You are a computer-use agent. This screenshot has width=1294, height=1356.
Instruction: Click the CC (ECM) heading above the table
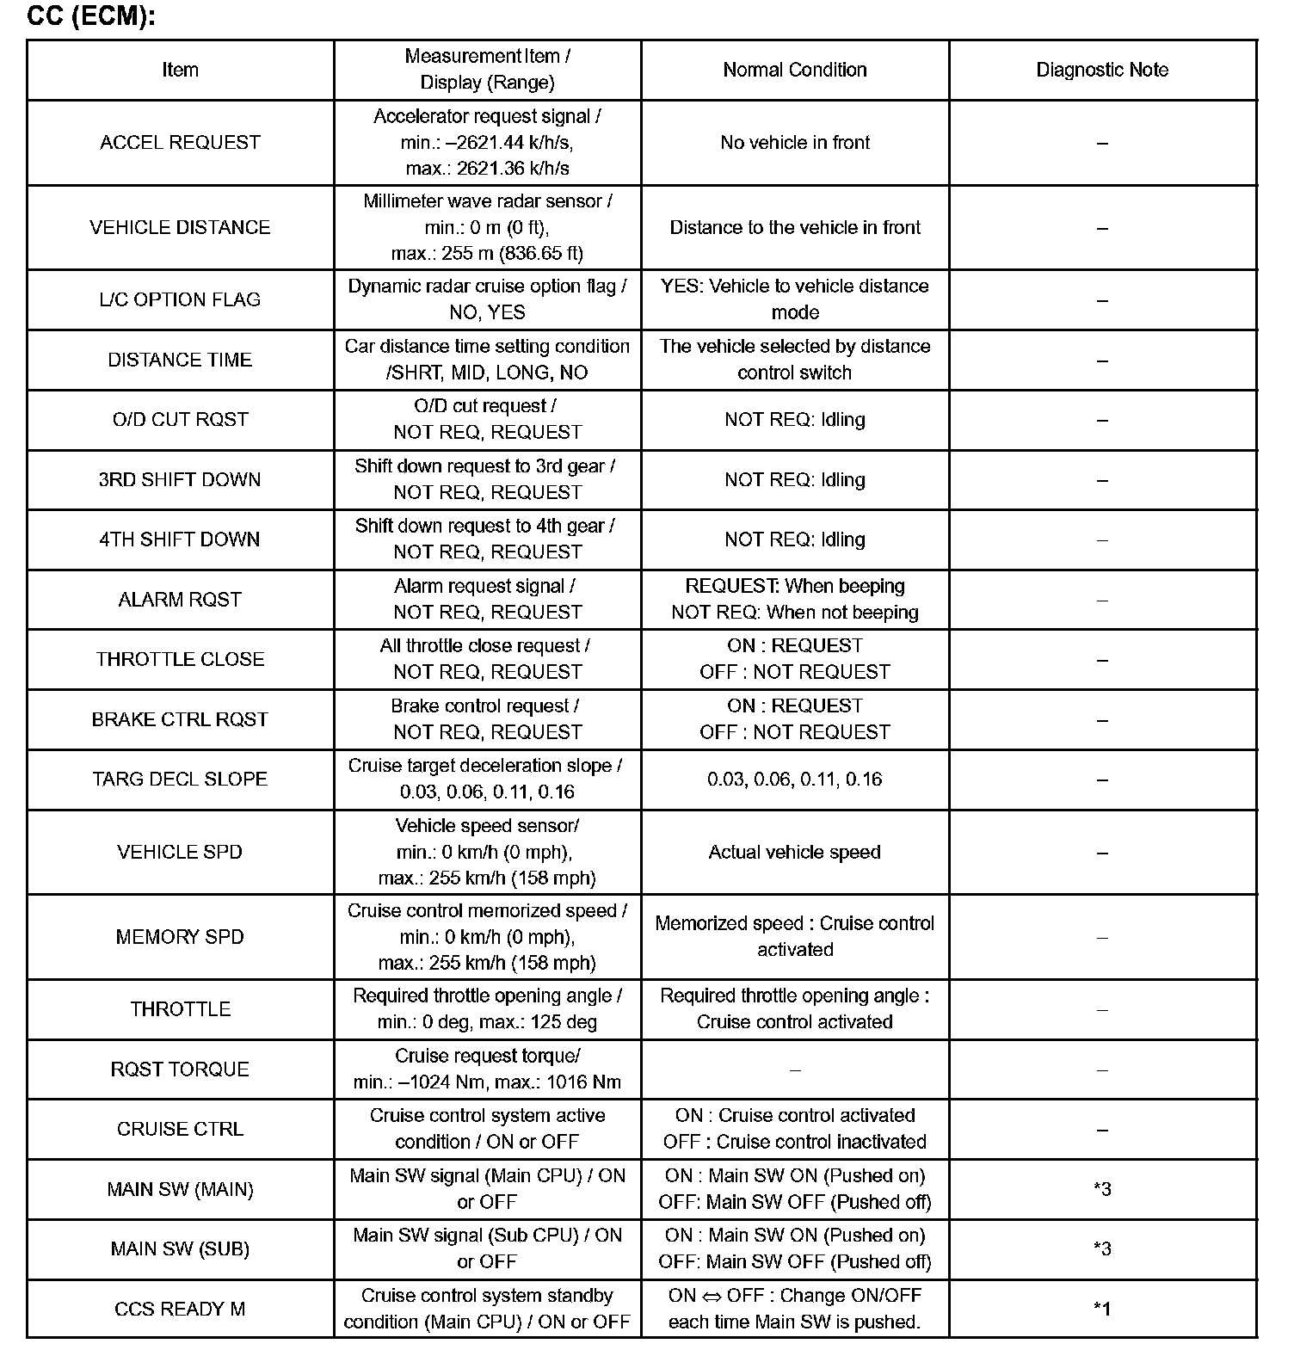click(x=91, y=16)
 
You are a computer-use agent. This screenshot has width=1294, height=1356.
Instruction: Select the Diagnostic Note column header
click(x=1102, y=70)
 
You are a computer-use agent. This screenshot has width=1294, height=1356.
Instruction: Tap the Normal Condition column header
click(x=794, y=70)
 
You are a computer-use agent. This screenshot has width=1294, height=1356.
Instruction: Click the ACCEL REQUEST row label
click(x=180, y=143)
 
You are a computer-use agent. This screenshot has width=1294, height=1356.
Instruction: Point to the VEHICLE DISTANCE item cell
click(x=180, y=227)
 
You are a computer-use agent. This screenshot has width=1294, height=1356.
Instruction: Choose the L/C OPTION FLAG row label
click(x=180, y=299)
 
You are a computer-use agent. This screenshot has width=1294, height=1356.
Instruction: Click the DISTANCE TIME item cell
click(x=180, y=360)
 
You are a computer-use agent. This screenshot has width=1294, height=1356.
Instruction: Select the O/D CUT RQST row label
click(x=180, y=420)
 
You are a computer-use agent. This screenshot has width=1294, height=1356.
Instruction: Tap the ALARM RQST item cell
click(x=180, y=600)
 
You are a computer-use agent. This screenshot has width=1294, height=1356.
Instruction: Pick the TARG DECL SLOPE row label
click(x=180, y=780)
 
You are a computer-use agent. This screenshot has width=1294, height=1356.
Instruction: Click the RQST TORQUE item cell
click(x=180, y=1069)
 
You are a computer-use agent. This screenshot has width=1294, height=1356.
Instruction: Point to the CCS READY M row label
click(x=180, y=1309)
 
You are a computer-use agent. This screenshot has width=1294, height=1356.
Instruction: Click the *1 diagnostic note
click(x=1102, y=1309)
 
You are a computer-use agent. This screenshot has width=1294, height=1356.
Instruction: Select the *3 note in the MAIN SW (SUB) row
click(x=1102, y=1248)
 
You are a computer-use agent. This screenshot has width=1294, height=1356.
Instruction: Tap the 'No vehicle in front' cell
click(x=794, y=143)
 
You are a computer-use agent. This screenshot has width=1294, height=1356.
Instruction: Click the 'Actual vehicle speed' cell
click(x=794, y=852)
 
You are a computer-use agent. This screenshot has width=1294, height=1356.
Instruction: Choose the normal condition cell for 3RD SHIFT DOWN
click(x=794, y=479)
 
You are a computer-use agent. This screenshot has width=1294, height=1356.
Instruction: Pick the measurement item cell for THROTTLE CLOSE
click(x=487, y=659)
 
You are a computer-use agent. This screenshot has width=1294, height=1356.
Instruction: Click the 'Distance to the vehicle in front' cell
click(x=794, y=227)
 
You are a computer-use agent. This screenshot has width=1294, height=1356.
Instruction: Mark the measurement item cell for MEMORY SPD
click(x=487, y=936)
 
